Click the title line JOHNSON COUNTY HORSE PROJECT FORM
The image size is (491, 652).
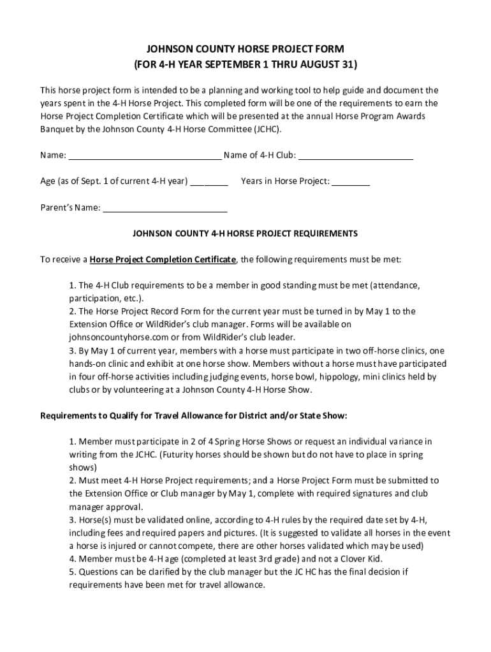246,49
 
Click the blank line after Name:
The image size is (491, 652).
145,155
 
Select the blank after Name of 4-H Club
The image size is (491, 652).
356,155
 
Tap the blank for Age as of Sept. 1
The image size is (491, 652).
209,181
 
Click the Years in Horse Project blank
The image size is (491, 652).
351,181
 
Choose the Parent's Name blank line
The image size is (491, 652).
165,208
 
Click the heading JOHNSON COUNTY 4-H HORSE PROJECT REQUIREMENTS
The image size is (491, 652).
246,234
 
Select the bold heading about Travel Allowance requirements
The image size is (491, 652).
194,416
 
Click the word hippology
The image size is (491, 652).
339,377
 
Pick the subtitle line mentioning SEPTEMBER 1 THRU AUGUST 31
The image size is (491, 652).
246,65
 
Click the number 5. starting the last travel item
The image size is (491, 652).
73,572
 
